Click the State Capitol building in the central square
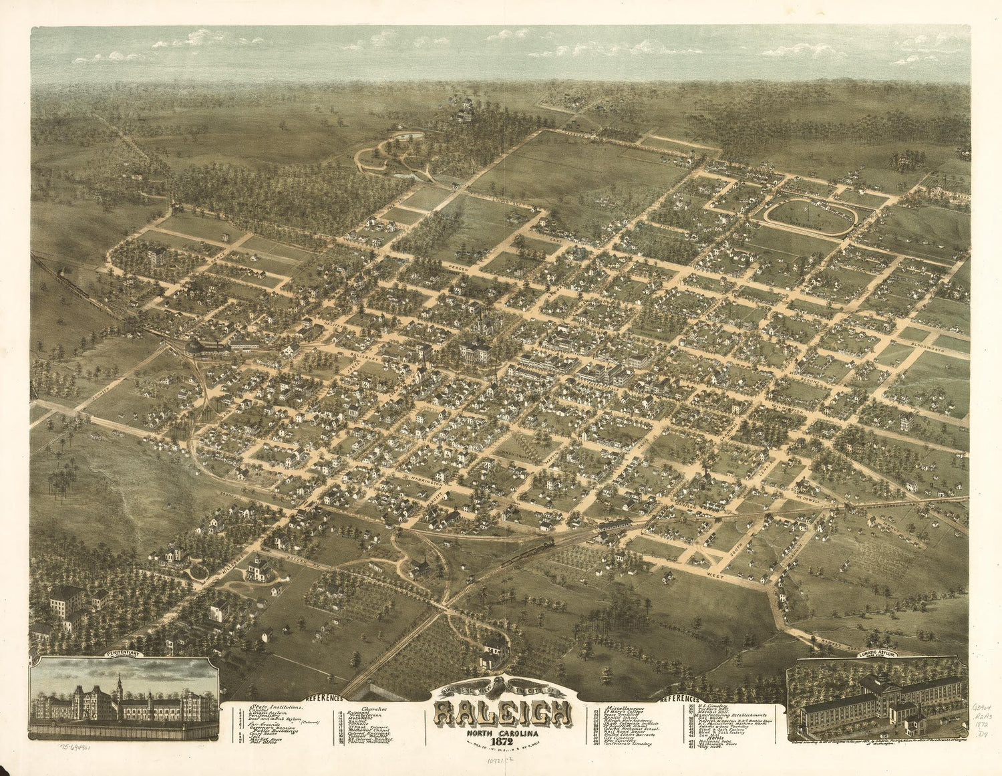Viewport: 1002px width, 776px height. tap(475, 352)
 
